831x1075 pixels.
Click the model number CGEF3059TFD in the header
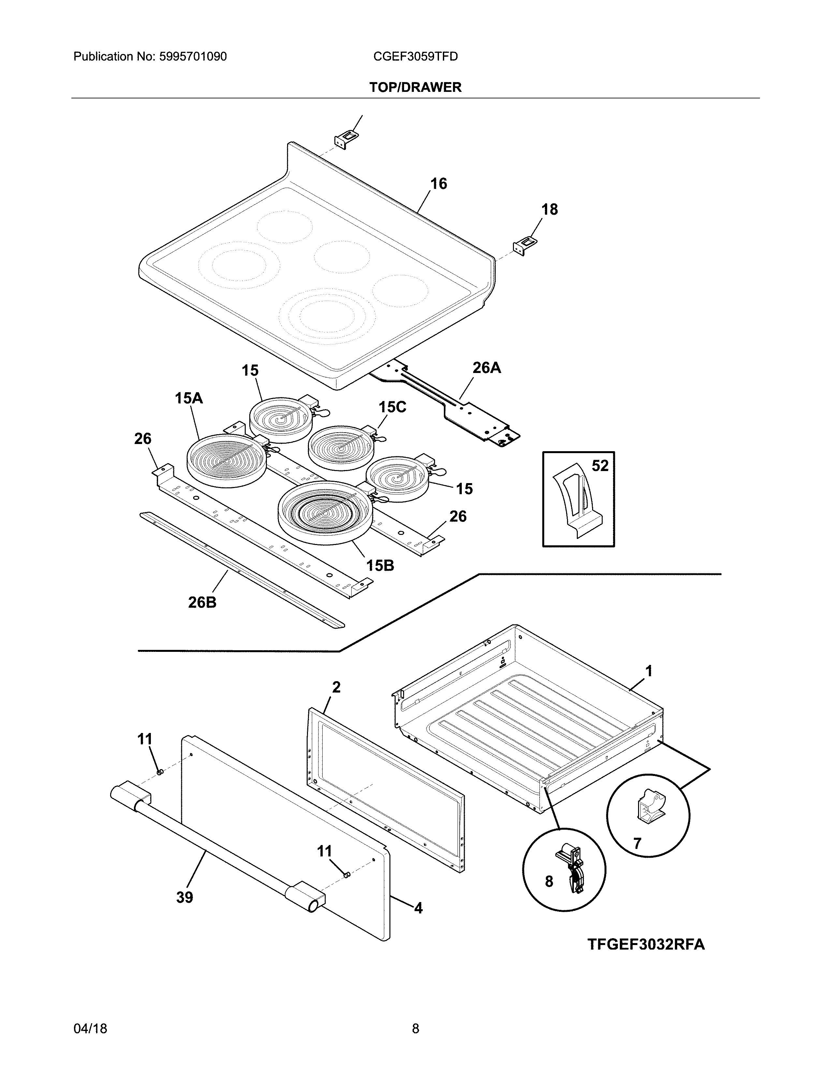(415, 57)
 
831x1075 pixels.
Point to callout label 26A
(487, 368)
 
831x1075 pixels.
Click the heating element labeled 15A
(226, 460)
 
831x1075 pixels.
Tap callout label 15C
(392, 407)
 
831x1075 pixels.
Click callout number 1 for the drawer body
(649, 671)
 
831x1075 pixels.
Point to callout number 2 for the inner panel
(336, 687)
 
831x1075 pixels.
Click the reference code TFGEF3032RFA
(646, 945)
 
